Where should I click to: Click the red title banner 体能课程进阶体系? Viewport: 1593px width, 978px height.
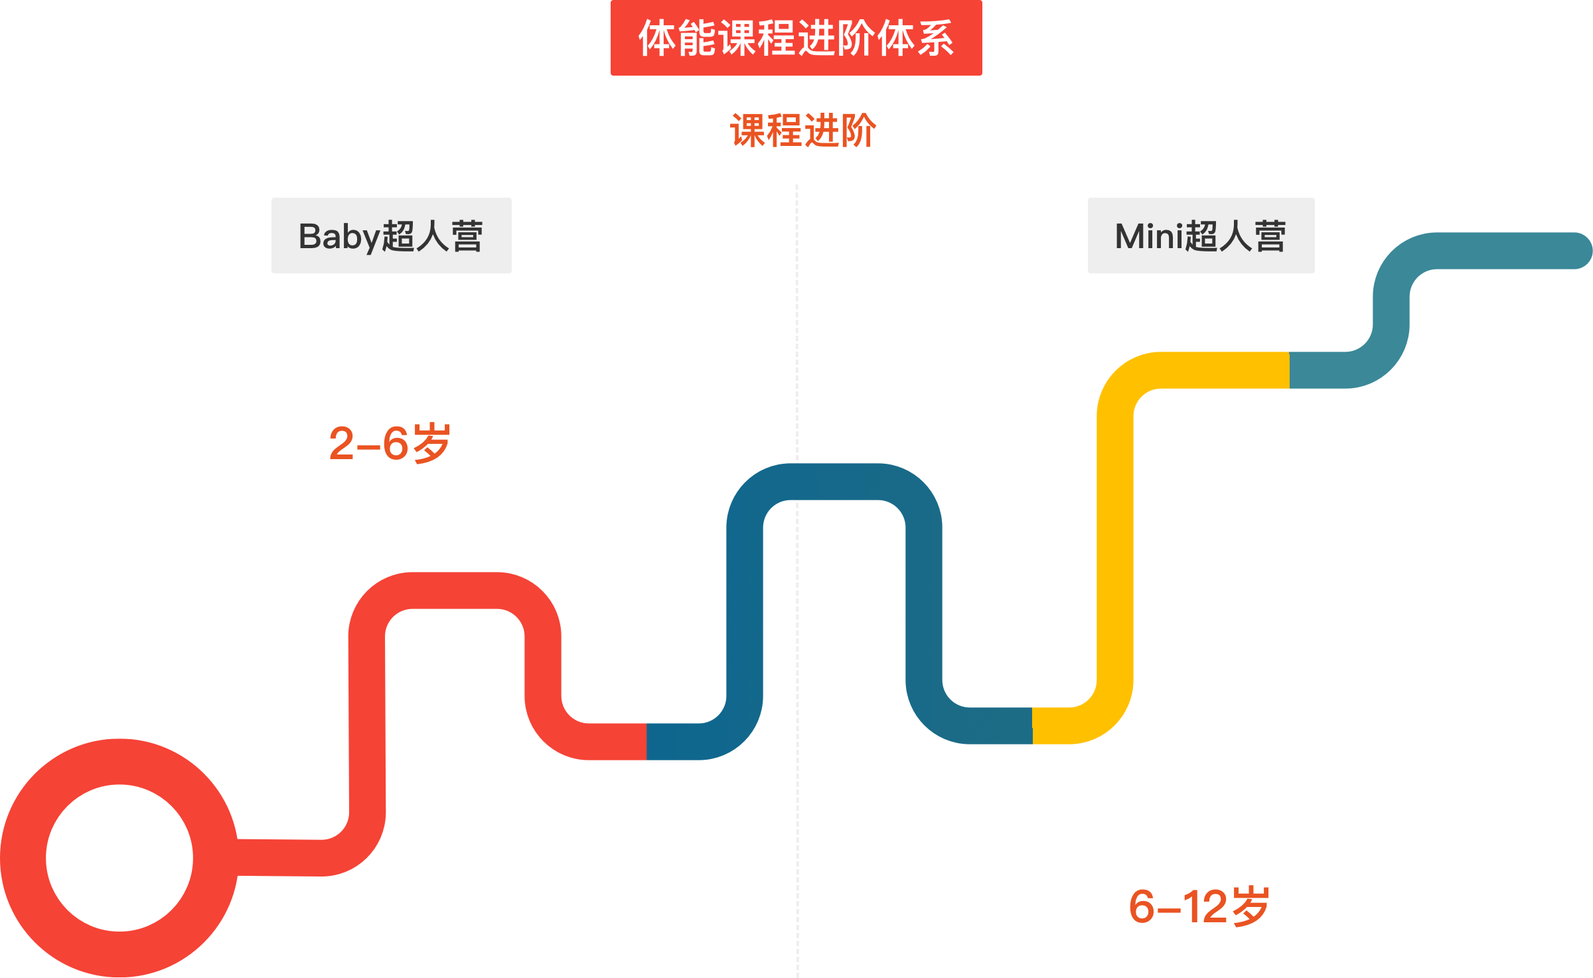pos(796,38)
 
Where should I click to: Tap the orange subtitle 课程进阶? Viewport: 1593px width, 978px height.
pos(802,130)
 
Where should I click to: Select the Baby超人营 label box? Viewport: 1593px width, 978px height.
pos(391,236)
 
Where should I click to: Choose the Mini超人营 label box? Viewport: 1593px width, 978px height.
pos(1201,236)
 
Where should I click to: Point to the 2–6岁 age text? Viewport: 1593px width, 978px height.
pos(390,443)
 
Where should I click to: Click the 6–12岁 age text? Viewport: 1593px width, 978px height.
pos(1199,906)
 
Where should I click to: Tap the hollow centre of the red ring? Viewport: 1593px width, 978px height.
pos(119,858)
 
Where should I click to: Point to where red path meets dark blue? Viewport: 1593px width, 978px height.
pos(646,741)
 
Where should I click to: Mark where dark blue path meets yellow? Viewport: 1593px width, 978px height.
pos(1032,726)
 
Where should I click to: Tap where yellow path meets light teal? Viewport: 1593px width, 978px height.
pos(1289,370)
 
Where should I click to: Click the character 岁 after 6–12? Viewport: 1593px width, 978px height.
pos(1251,906)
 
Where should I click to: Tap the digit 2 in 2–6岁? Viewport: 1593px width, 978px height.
pos(342,443)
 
